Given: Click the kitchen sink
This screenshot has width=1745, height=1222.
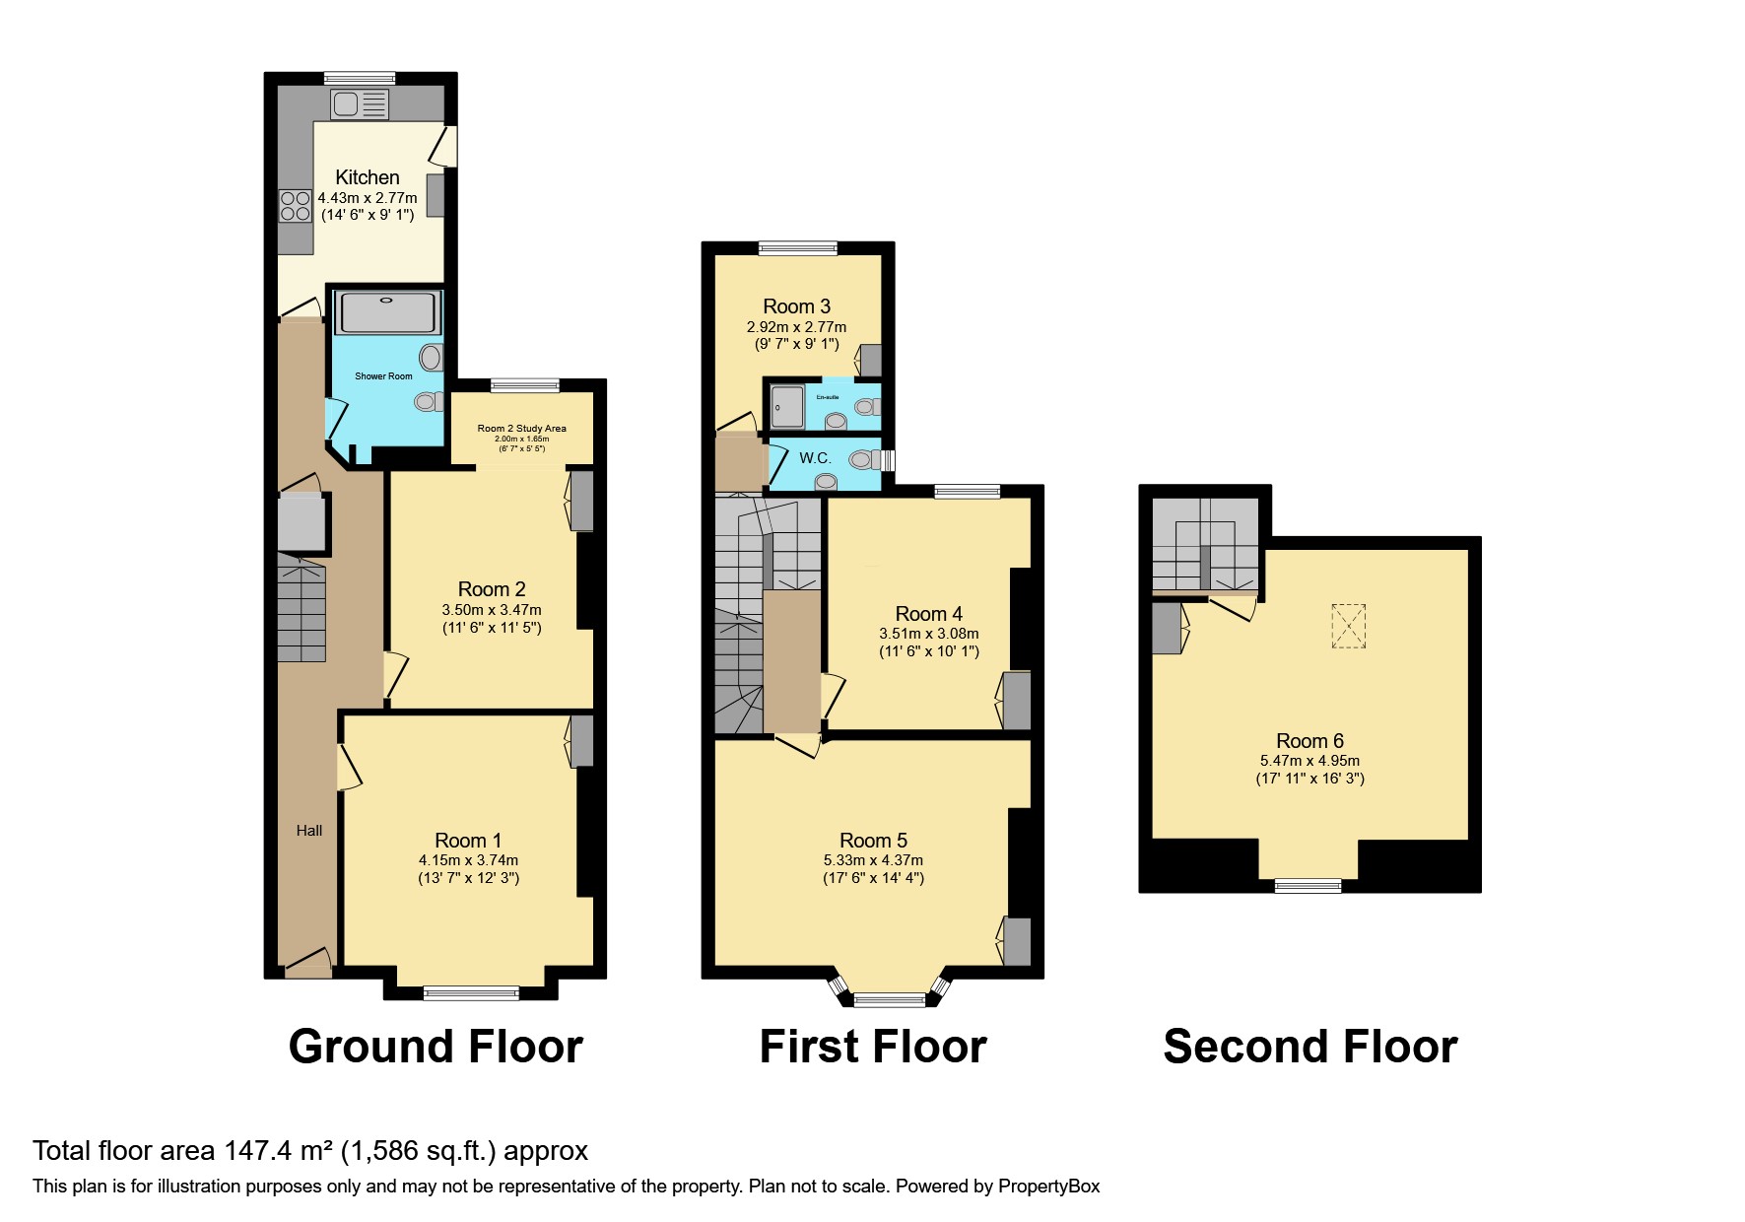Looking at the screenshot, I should pos(360,104).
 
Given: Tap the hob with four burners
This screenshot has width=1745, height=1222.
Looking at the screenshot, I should pos(296,206).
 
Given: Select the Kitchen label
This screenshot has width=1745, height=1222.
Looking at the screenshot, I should pos(368,177).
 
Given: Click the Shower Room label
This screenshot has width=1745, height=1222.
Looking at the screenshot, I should pos(383,376).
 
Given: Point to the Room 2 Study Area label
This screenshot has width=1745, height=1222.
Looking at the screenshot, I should pos(521,429).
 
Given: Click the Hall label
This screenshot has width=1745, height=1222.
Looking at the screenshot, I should pos(309,831).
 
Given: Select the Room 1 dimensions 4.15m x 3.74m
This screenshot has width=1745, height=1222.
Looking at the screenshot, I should pos(468,860).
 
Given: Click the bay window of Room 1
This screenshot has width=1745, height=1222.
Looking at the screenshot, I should pos(471,992).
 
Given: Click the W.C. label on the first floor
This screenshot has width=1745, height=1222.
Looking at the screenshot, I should pos(815,458).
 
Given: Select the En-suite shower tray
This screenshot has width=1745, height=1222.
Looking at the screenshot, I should pos(788,406).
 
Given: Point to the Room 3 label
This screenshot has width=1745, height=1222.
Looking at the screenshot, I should pos(796,306).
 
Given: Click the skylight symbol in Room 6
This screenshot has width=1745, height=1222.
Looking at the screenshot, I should pos(1348,626).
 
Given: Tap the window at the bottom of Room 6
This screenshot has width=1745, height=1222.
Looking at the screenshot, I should pos(1308,886).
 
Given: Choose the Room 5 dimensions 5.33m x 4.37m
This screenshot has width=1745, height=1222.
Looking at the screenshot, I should pos(873,860).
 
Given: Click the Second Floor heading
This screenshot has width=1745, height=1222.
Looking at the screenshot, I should pos(1309,1047).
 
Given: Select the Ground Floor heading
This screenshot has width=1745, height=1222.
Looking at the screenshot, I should pos(436,1047).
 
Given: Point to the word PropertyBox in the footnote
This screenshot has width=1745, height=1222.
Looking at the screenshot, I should pos(1048,1187).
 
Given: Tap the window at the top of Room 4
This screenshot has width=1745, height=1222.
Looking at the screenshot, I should pos(967,491).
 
